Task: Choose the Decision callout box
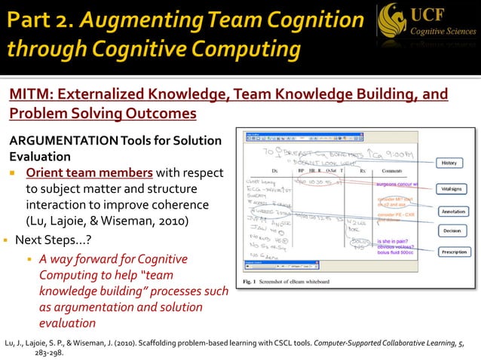452,231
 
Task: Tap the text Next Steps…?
50,242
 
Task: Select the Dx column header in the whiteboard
275,172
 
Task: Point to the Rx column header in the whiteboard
363,172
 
